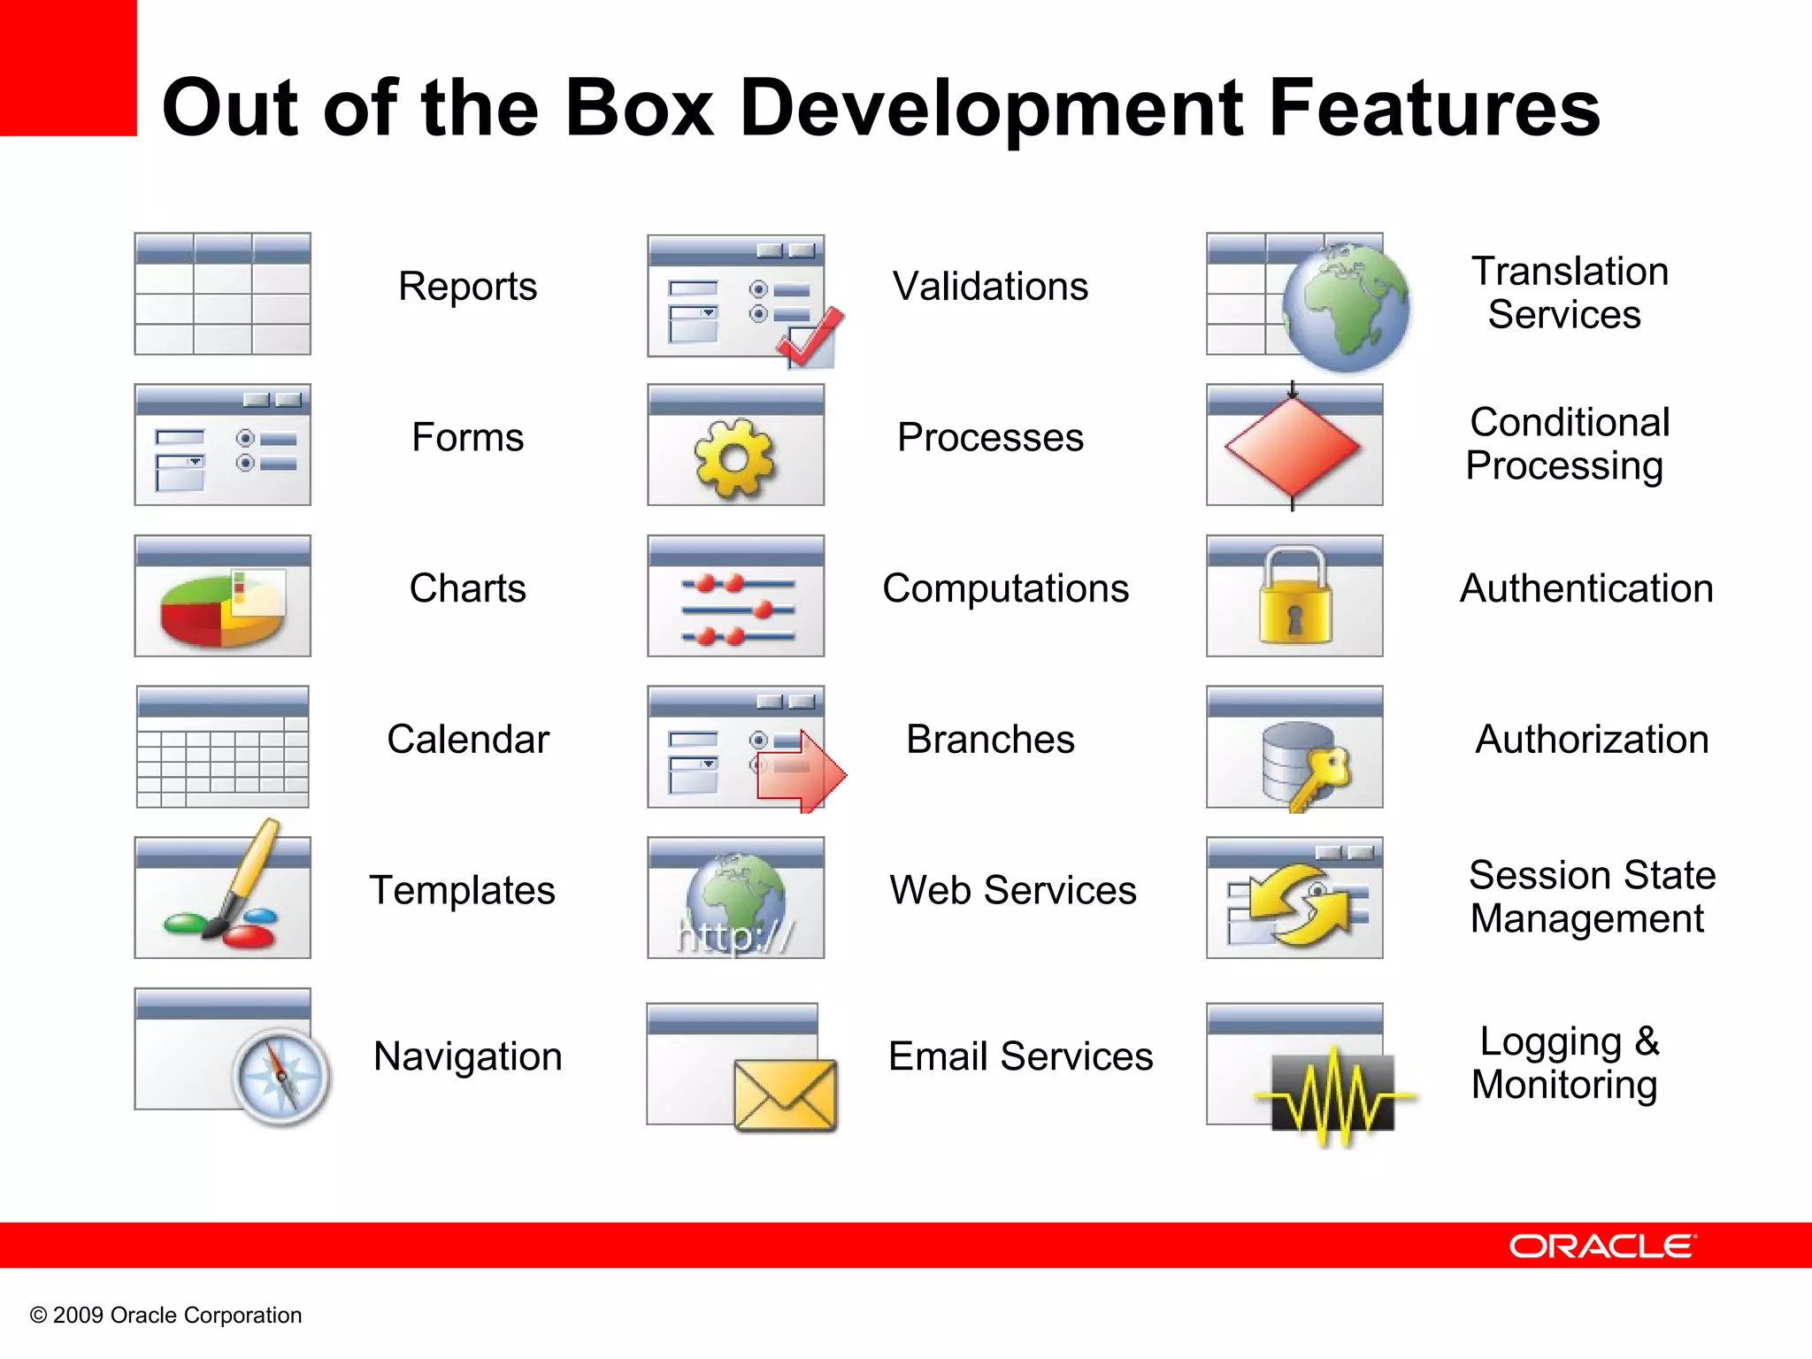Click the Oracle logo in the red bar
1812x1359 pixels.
click(x=1602, y=1246)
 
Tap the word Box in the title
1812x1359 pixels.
click(x=638, y=109)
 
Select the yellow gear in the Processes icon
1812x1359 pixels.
click(x=733, y=457)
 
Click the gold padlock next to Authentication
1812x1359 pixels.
click(x=1294, y=596)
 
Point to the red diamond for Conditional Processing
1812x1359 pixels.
click(x=1293, y=446)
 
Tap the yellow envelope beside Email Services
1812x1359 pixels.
click(x=785, y=1095)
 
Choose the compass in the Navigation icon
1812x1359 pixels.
click(x=281, y=1077)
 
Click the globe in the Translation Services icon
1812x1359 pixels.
click(x=1346, y=306)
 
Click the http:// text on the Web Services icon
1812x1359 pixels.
click(x=734, y=935)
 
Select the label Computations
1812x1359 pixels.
click(x=1005, y=588)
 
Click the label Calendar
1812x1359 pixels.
click(x=467, y=739)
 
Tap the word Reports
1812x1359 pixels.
click(x=467, y=287)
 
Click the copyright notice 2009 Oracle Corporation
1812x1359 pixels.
click(x=166, y=1315)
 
